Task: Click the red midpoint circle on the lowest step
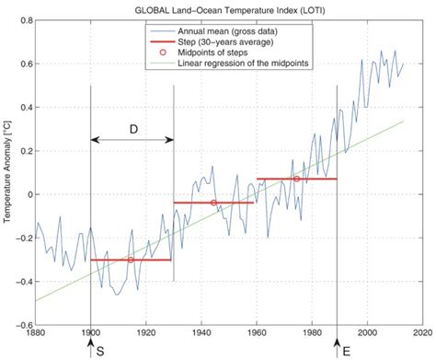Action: [131, 260]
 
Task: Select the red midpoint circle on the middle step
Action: [213, 203]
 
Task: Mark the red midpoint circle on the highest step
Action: [296, 179]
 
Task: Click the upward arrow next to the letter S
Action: [90, 346]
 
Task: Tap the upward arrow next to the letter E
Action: [338, 346]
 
